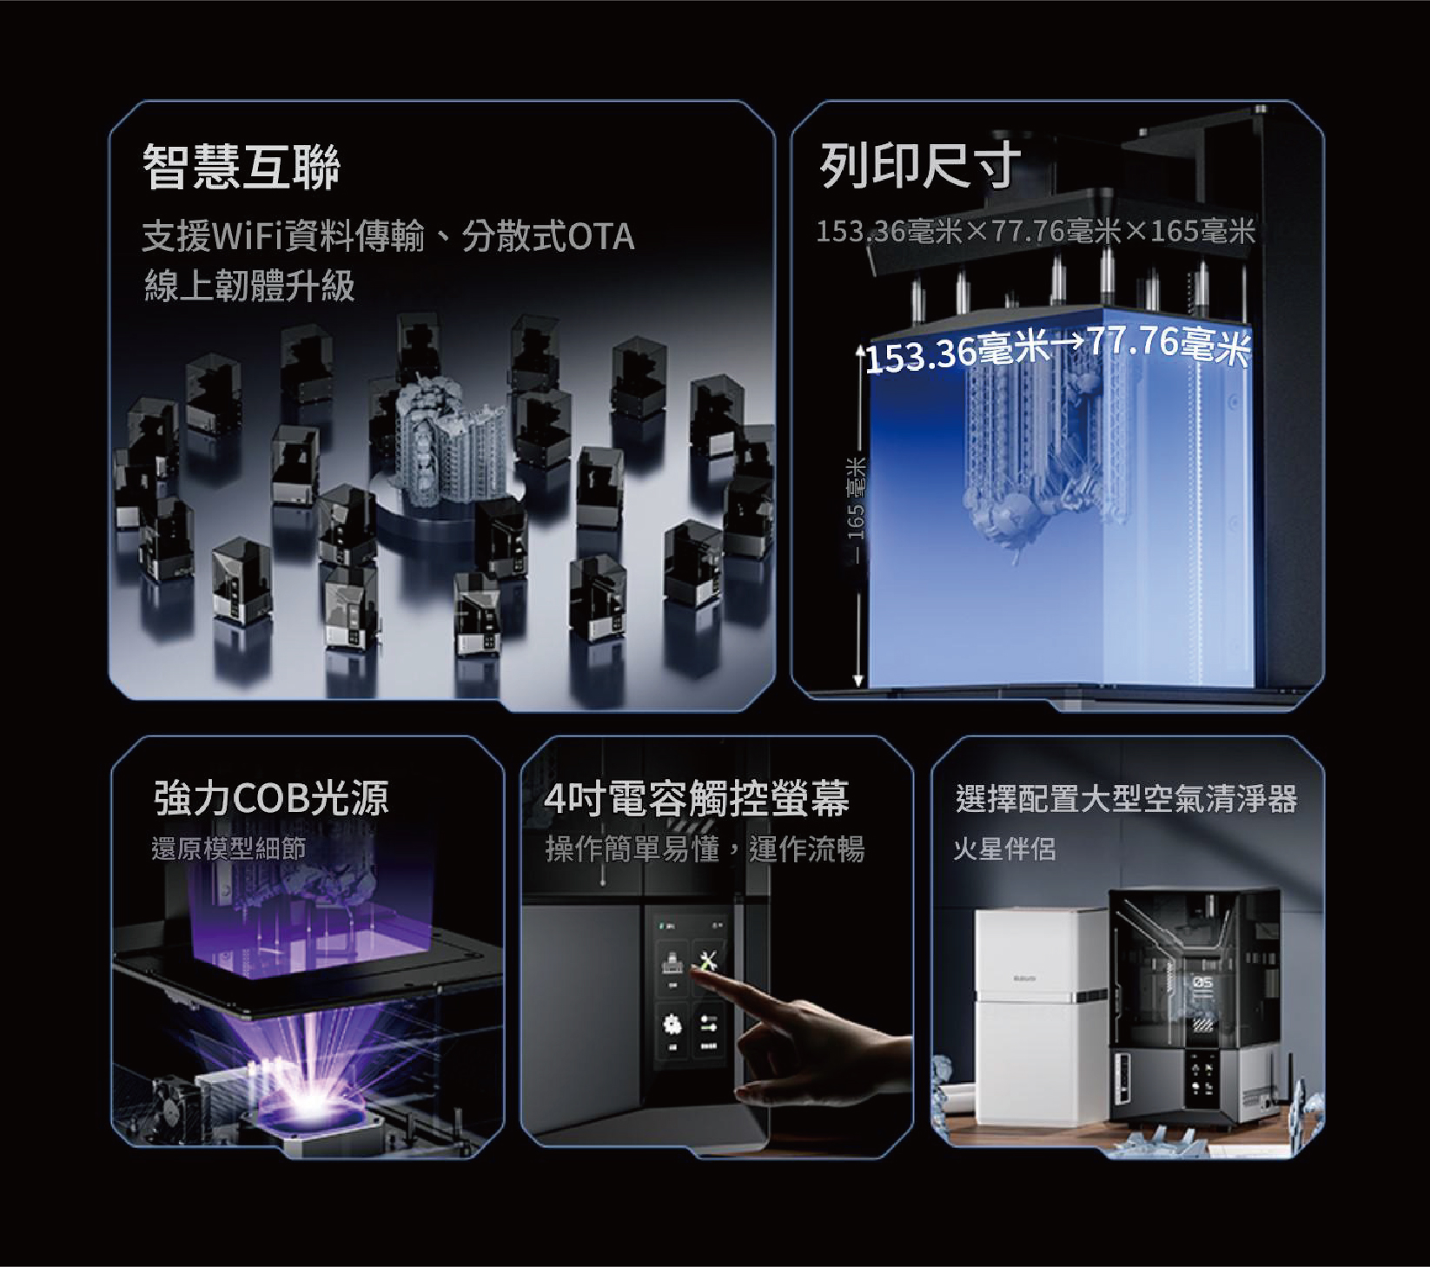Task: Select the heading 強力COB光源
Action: click(x=271, y=798)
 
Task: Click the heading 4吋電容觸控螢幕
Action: click(x=697, y=798)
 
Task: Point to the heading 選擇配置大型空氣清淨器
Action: click(x=1126, y=798)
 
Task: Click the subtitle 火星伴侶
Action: click(x=1004, y=848)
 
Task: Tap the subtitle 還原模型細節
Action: click(x=228, y=848)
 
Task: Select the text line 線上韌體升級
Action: click(x=249, y=286)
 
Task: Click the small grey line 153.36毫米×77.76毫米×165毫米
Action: click(x=1036, y=231)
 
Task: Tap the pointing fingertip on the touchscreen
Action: click(x=700, y=976)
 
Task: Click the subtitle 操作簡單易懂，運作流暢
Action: click(x=705, y=848)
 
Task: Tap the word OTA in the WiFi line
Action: click(x=600, y=236)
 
